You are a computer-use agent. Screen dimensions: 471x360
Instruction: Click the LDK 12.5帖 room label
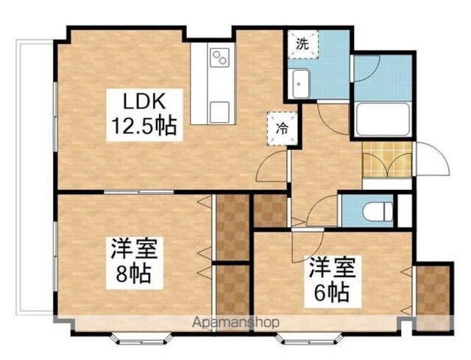144,115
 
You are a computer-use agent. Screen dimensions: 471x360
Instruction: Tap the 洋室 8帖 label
134,262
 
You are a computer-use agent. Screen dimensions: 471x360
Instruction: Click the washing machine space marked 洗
302,44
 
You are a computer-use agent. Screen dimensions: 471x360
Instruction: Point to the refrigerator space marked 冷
282,129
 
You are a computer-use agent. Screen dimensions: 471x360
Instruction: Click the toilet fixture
378,211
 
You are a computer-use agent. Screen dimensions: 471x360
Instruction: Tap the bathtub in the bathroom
383,119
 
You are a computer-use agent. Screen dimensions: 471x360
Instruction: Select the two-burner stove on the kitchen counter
219,57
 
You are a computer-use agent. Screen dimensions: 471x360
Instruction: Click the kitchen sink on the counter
219,112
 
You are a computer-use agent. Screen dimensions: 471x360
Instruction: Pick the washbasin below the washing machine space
301,84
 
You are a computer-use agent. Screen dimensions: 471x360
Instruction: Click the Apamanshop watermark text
235,322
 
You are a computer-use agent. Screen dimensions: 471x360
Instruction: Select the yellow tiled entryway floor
386,160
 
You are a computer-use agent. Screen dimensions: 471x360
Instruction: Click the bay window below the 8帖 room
141,338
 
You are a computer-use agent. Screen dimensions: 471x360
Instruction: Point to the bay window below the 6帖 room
310,338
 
